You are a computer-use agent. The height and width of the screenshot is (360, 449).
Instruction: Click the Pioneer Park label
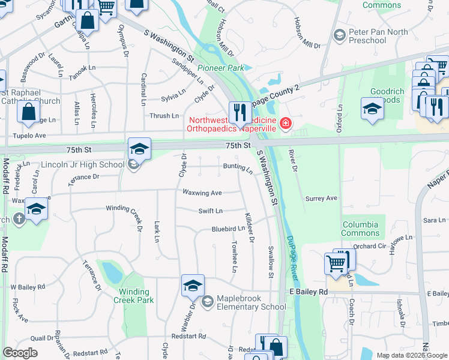[x=220, y=68]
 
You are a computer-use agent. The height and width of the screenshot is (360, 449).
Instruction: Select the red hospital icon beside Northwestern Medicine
[x=286, y=124]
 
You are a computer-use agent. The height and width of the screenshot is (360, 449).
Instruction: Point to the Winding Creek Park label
[x=134, y=296]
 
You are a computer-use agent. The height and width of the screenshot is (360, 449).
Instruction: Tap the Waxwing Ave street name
[x=202, y=193]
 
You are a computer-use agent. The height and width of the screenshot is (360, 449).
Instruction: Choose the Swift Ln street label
[x=211, y=211]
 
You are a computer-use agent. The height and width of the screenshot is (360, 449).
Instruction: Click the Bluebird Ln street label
[x=228, y=229]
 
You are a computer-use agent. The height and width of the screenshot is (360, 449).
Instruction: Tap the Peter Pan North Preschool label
[x=367, y=36]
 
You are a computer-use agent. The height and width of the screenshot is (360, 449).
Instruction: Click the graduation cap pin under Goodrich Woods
[x=372, y=110]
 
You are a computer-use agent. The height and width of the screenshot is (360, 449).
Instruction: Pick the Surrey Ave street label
[x=321, y=198]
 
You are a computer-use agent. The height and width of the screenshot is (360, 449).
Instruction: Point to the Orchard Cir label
[x=369, y=246]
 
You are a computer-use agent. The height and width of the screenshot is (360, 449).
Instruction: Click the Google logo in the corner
[x=20, y=353]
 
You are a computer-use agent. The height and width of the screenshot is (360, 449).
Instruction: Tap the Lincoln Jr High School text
[x=83, y=164]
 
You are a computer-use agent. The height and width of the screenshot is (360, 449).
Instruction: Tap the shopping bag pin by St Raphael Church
[x=28, y=112]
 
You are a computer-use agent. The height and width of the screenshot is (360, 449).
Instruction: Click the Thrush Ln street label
[x=164, y=116]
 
